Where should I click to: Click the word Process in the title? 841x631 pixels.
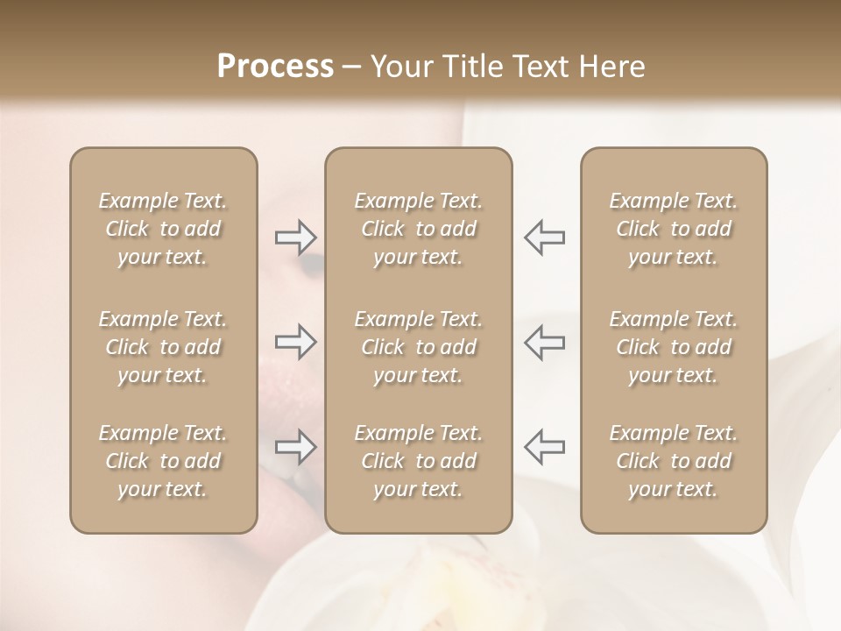coord(275,67)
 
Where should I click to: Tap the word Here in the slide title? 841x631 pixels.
coord(610,67)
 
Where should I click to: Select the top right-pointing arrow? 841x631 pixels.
coord(296,237)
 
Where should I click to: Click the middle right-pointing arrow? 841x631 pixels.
coord(296,342)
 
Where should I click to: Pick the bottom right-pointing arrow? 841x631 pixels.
coord(296,447)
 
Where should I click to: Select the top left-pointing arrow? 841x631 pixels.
coord(544,237)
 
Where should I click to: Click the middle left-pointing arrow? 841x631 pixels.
coord(544,342)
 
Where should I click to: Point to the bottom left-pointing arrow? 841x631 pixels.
coord(544,447)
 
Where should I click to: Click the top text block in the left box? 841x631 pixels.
coord(163,229)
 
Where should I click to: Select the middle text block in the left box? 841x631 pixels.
coord(163,347)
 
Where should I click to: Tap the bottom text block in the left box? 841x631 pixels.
coord(163,461)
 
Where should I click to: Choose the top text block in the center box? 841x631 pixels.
coord(419,229)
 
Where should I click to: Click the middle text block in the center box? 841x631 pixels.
coord(419,347)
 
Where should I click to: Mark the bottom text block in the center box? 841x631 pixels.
coord(419,461)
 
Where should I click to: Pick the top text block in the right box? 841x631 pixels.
coord(674,229)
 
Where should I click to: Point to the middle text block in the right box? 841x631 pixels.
coord(674,347)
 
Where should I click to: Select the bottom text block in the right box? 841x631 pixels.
coord(674,461)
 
